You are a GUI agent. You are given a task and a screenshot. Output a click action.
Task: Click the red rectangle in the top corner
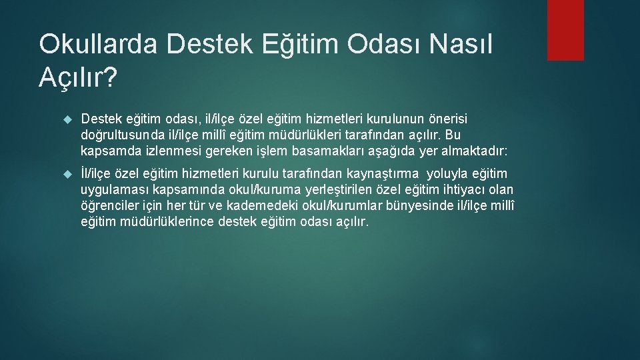(565, 30)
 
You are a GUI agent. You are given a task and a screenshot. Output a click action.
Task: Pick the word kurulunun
(378, 119)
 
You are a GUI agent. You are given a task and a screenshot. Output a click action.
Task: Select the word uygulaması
(114, 189)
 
